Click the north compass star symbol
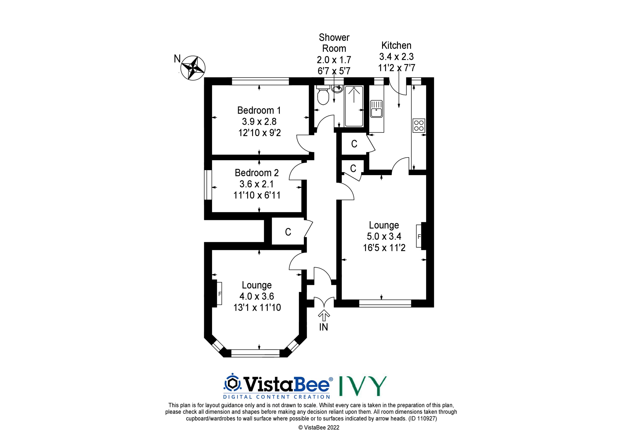(193, 68)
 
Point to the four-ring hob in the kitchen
(419, 126)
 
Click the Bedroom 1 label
(259, 110)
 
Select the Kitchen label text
(396, 45)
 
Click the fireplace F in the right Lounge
(419, 237)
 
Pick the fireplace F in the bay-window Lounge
(220, 294)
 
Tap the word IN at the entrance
(323, 327)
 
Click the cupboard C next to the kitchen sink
(354, 144)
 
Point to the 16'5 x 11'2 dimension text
(384, 248)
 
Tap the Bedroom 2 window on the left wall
(208, 185)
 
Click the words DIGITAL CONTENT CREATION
(277, 397)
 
